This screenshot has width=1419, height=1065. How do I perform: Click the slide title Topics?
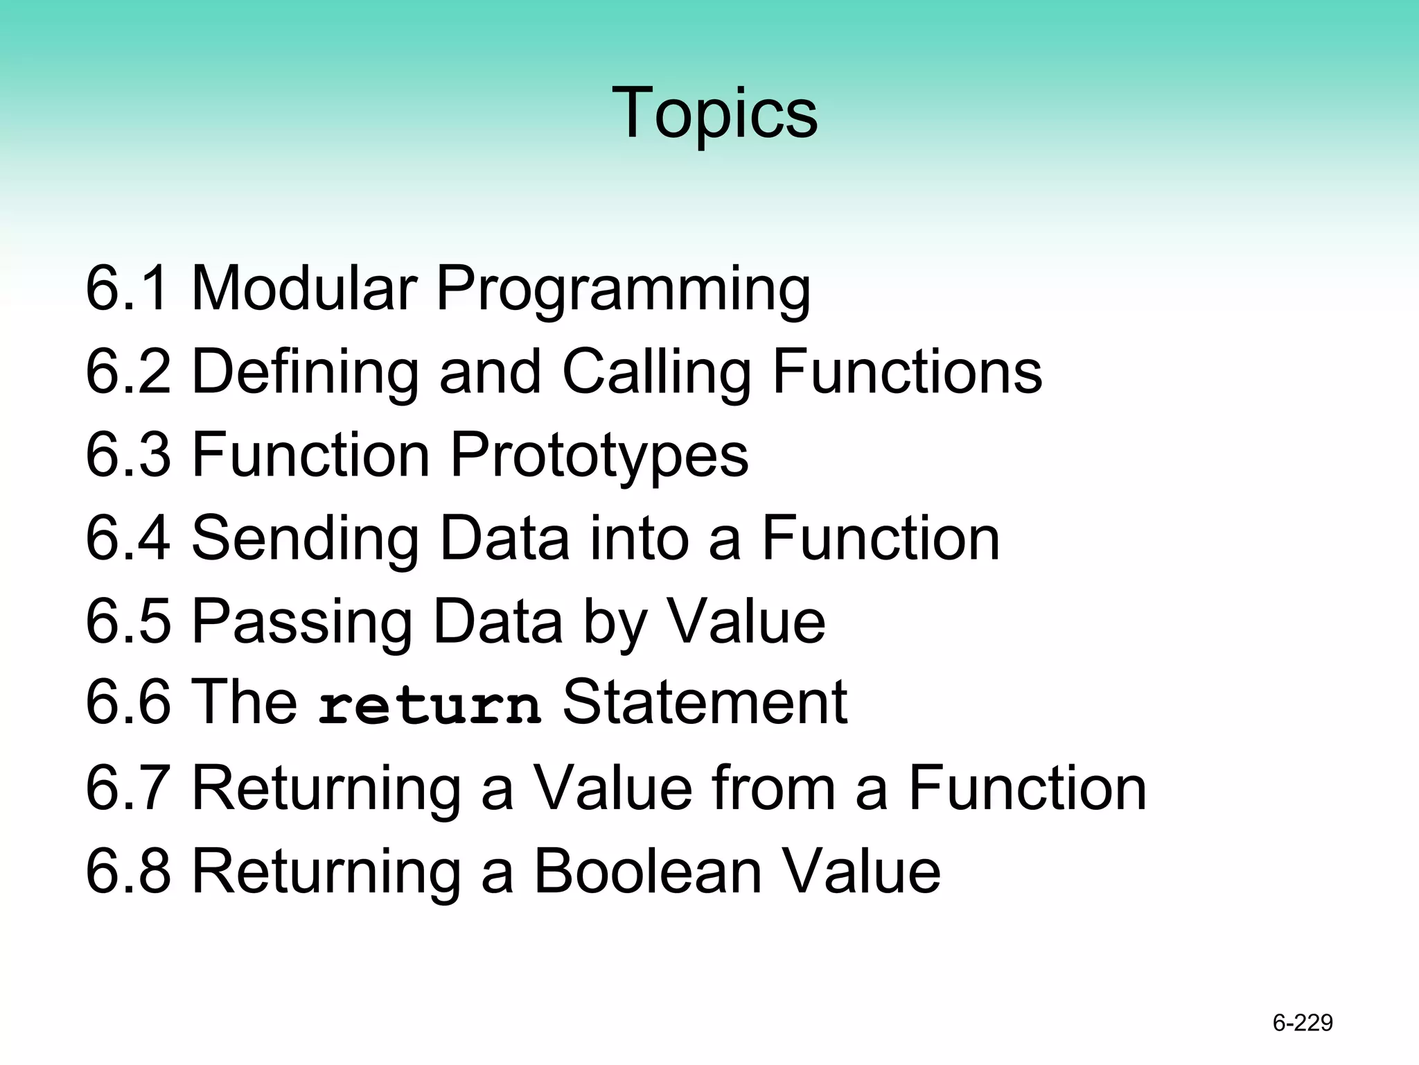714,113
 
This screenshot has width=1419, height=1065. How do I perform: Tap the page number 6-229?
1303,1023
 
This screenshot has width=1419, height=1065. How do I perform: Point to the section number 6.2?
127,372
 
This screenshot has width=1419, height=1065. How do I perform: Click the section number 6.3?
127,455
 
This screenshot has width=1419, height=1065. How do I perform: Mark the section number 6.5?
127,621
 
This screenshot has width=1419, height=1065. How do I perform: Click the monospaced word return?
430,706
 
